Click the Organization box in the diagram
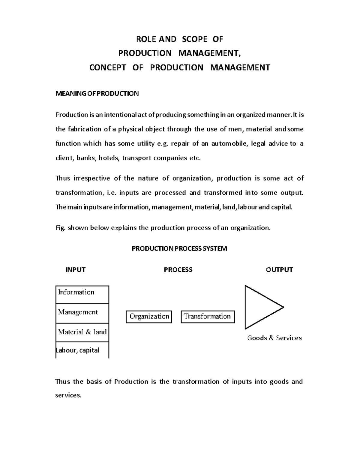pos(149,317)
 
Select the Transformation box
pos(208,317)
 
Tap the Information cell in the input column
pos(82,294)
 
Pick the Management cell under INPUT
pos(82,313)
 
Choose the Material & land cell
pos(82,332)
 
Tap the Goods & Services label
pos(274,338)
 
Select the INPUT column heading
pos(75,270)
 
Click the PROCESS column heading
pos(178,270)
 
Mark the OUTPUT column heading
pos(279,270)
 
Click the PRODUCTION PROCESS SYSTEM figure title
pos(179,248)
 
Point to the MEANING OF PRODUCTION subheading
pos(97,94)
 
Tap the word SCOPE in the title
pos(195,39)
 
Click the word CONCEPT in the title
pos(108,68)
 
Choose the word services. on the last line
pos(68,395)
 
